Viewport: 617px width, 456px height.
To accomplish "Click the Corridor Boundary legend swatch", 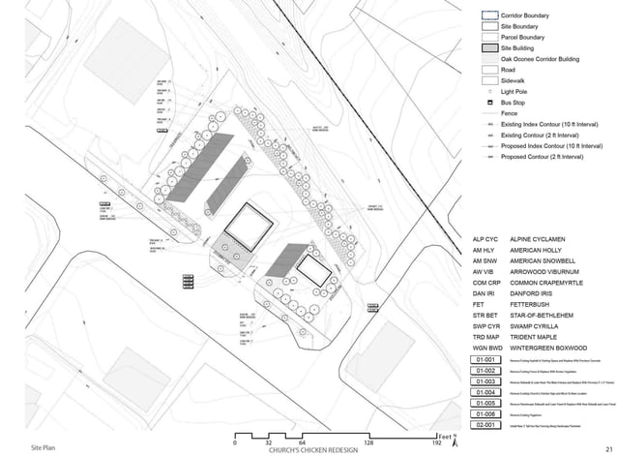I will [x=490, y=16].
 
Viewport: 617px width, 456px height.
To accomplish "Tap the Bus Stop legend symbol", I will [x=490, y=103].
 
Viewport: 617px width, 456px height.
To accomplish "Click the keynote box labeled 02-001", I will [x=486, y=424].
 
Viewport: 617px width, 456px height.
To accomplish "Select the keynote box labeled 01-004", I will [x=486, y=392].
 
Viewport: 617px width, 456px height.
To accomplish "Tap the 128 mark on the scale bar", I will [x=367, y=442].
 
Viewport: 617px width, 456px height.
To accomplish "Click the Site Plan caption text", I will [x=44, y=449].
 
